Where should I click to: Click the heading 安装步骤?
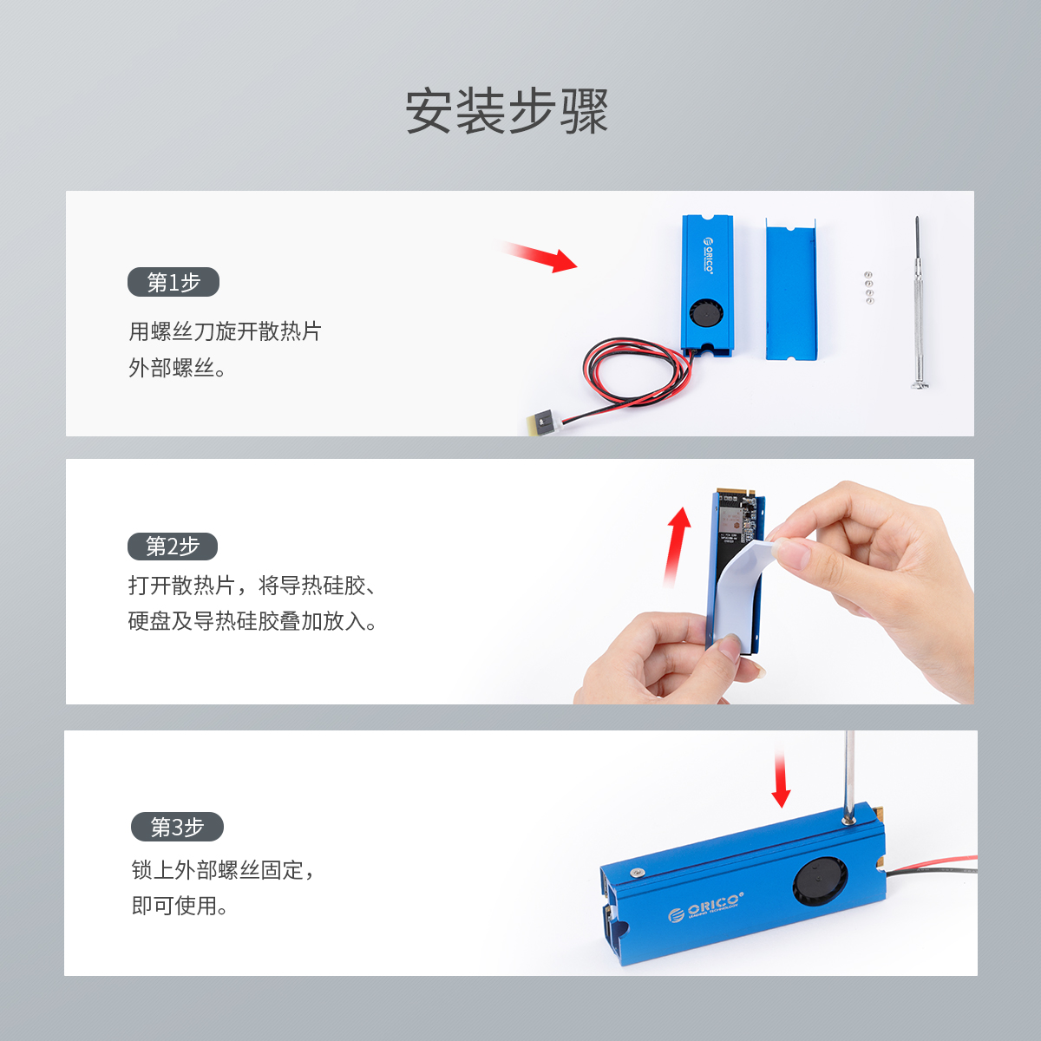(x=507, y=111)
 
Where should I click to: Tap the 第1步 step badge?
(x=173, y=282)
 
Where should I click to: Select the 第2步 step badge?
(x=173, y=547)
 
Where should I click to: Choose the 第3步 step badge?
(x=177, y=827)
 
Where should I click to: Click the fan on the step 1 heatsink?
(x=707, y=314)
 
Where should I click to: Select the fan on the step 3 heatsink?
(x=820, y=884)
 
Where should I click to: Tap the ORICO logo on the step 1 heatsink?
(x=708, y=256)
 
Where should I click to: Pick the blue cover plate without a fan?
(x=791, y=289)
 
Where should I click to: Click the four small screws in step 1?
(x=868, y=287)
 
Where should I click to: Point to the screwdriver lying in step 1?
(x=917, y=303)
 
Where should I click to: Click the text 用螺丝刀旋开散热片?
(x=225, y=331)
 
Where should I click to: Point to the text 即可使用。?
(x=180, y=906)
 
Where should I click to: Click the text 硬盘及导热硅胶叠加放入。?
(x=252, y=621)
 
